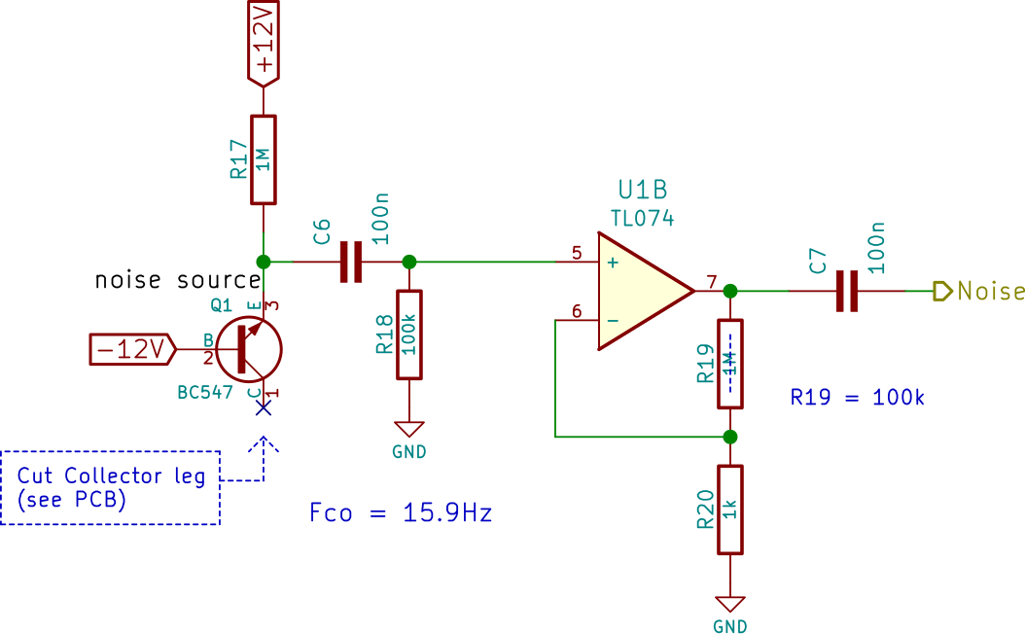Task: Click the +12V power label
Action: (264, 43)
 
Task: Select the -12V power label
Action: (132, 349)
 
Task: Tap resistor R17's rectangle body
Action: (264, 160)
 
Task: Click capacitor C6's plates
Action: (351, 263)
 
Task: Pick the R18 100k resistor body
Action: (409, 335)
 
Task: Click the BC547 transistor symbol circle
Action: (249, 350)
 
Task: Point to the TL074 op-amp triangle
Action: (645, 291)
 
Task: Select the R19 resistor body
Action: (730, 364)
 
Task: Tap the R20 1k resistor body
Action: (730, 510)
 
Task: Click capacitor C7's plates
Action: (847, 291)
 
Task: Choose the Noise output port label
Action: (979, 291)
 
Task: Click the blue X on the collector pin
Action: (264, 407)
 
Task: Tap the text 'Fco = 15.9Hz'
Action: (401, 512)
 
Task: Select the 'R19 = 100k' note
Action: (857, 397)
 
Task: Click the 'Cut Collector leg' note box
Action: (110, 487)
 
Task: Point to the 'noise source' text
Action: (178, 280)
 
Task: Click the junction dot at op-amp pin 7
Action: (730, 291)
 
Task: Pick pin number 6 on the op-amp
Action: (577, 311)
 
